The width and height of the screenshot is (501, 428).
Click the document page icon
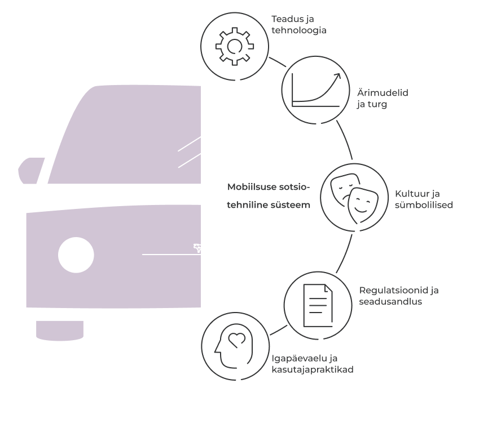pos(317,305)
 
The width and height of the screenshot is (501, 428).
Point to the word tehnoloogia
pos(299,30)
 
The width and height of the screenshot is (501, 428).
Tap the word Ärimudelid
pos(383,92)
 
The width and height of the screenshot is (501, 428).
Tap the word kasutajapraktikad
pos(313,369)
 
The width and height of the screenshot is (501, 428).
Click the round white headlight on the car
pos(76,255)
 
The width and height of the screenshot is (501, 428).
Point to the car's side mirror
pos(31,171)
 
